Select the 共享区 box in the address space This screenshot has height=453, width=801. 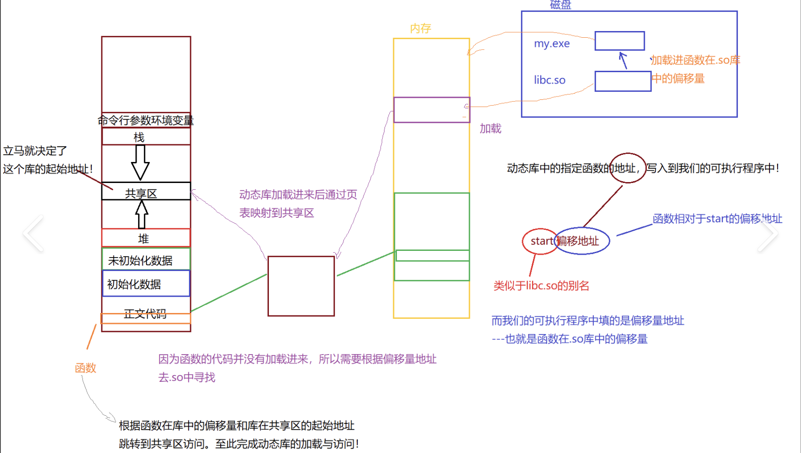[146, 192]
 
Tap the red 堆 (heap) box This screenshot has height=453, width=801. [146, 238]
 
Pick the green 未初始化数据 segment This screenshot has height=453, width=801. [146, 259]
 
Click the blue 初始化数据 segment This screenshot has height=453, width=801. [146, 284]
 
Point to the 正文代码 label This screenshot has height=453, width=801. [145, 313]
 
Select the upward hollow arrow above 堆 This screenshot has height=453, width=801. [141, 214]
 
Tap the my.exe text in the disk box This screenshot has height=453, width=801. [552, 43]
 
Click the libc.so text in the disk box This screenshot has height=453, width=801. [549, 80]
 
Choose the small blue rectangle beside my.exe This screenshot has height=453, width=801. [619, 41]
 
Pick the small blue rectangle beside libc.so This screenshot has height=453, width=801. [622, 81]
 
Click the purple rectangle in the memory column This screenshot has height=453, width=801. [431, 110]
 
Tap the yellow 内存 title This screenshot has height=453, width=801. [420, 29]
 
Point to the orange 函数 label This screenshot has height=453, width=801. [85, 367]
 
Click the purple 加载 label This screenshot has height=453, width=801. [490, 129]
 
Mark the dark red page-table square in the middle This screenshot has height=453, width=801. [301, 286]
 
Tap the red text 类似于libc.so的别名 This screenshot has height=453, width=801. [541, 286]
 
